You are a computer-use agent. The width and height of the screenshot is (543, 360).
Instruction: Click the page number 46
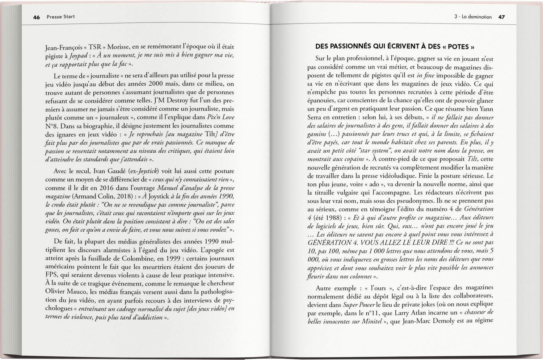[36, 17]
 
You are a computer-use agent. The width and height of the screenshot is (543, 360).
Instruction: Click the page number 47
[501, 17]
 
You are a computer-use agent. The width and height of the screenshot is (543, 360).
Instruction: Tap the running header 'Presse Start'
[61, 17]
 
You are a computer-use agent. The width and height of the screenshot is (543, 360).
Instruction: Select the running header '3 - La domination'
[473, 17]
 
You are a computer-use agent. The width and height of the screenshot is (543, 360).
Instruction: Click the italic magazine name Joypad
[78, 56]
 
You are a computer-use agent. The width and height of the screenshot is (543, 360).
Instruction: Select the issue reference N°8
[52, 126]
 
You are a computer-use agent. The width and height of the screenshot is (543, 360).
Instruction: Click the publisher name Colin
[107, 196]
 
